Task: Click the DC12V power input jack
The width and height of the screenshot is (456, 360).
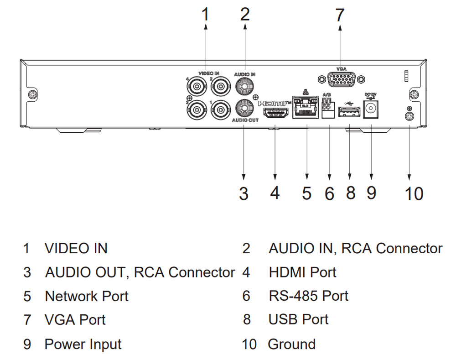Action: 371,110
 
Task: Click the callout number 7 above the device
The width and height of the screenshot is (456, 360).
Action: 340,15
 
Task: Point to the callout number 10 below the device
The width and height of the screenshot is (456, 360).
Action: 414,193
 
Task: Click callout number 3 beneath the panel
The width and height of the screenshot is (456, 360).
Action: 244,193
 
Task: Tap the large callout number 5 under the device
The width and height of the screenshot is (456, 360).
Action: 307,193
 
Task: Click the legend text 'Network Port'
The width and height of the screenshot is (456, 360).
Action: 87,296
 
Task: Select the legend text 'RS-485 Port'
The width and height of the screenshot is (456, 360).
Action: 308,296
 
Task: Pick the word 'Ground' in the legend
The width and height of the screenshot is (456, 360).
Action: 291,344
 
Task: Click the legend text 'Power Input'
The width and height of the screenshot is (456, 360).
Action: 83,344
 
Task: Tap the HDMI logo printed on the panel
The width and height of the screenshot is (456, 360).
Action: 275,103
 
